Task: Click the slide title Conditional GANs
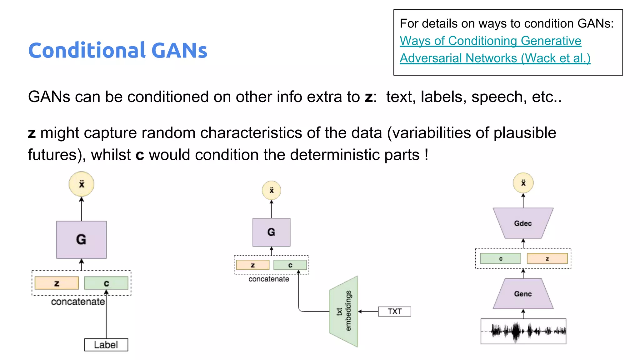coord(118,50)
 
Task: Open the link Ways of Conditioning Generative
coord(490,41)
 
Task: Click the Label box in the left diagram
coord(106,345)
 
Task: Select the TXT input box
coord(394,312)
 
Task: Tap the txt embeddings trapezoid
coord(344,311)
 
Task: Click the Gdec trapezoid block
coord(523,223)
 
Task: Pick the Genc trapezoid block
coord(523,294)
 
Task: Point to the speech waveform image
coord(523,331)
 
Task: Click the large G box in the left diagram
coord(81,240)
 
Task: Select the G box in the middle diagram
coord(271,232)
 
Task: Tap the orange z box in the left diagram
coord(57,283)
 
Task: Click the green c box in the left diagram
coord(106,283)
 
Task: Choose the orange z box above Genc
coord(547,259)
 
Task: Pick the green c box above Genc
coord(500,259)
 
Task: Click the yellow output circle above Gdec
coord(523,183)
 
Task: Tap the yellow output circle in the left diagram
coord(81,184)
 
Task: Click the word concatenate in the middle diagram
coord(269,279)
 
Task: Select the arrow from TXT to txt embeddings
coord(368,312)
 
